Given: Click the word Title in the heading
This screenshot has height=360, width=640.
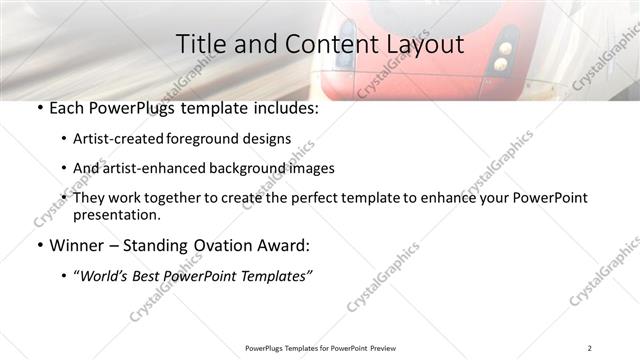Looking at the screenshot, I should tap(199, 44).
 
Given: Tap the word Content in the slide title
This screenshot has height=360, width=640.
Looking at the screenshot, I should tap(321, 44).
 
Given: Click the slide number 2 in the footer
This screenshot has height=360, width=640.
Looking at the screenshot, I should tap(590, 348).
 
